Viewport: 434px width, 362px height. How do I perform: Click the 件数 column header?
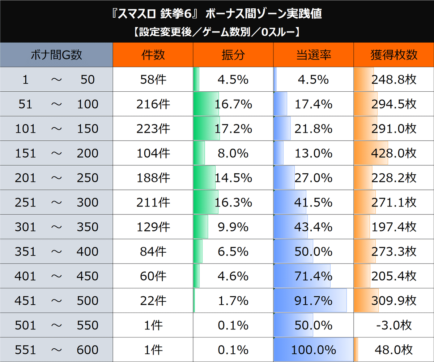pos(153,55)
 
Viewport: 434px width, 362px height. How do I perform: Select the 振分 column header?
pos(233,55)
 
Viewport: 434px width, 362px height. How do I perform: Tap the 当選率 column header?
pos(313,55)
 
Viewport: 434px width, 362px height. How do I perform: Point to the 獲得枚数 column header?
pos(394,55)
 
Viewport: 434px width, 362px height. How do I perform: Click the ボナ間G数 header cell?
pos(56,55)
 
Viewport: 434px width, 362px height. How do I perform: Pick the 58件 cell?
pos(153,79)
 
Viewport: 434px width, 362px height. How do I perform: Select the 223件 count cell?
pos(153,128)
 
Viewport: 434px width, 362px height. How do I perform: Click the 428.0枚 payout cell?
pos(394,153)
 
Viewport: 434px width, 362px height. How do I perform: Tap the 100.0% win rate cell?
pos(313,350)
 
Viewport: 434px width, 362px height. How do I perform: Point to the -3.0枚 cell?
pos(394,325)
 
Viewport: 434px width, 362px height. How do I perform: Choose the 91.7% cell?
pos(313,301)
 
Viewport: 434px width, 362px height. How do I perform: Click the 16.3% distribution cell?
pos(233,202)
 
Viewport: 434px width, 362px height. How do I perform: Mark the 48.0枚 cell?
pos(394,350)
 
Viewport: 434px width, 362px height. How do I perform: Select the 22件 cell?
pos(153,301)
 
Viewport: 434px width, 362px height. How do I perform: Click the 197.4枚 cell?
pos(394,227)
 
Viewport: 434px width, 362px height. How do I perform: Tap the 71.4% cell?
pos(313,276)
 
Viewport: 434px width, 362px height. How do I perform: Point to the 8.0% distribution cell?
pos(233,153)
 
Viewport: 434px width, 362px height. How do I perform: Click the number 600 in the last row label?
pos(88,350)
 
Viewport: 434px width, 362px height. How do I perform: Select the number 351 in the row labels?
pos(25,252)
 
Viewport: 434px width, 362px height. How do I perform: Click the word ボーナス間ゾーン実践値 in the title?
pos(263,14)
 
